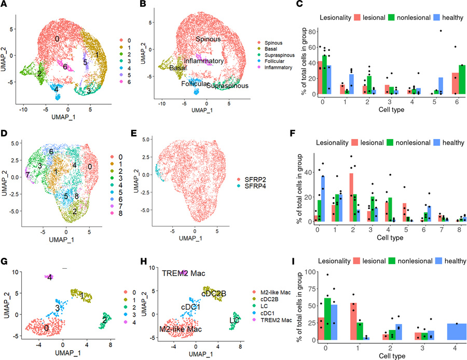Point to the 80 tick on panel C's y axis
coord(309,32)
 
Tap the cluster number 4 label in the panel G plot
coord(50,278)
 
